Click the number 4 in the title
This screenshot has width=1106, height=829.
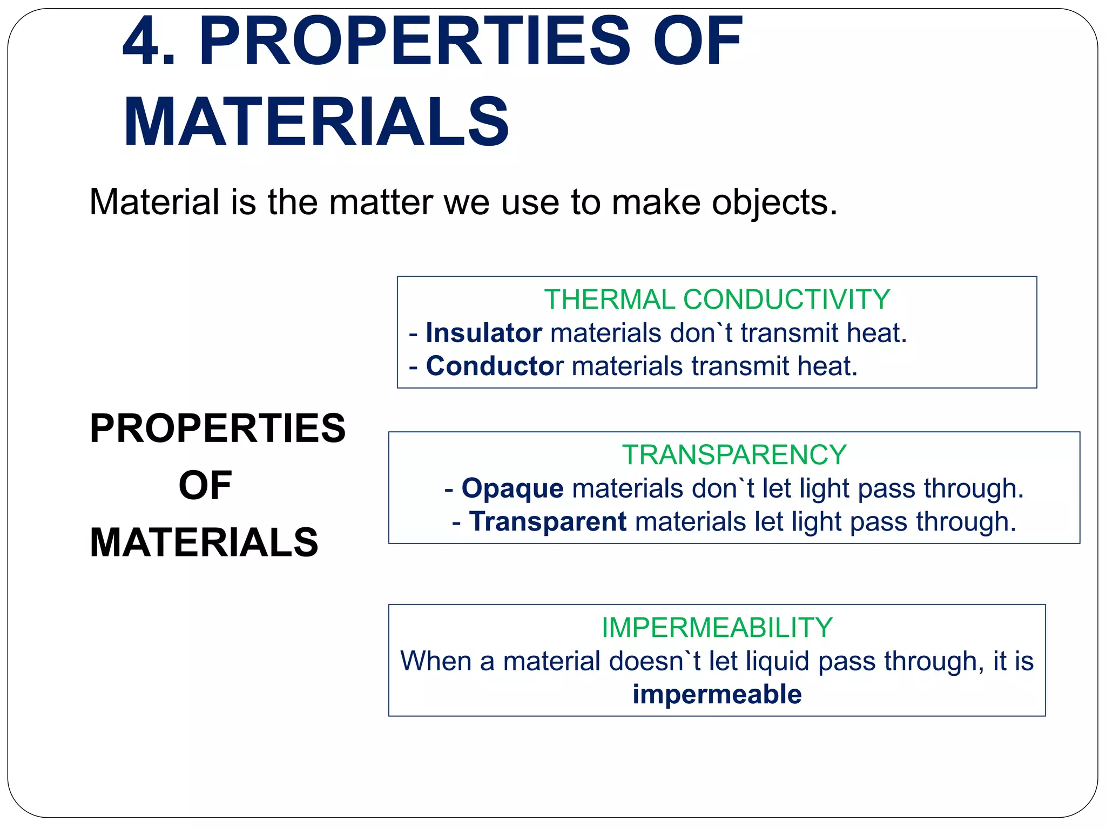point(143,42)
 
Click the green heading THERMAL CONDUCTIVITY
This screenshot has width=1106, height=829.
point(717,300)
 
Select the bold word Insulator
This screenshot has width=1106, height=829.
point(483,333)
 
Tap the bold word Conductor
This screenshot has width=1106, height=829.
point(494,366)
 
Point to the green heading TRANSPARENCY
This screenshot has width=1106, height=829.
point(734,455)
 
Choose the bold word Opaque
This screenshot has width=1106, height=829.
point(512,488)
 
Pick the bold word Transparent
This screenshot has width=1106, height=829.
point(548,522)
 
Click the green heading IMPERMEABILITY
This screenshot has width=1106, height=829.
point(717,628)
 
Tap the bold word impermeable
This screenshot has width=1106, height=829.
point(717,695)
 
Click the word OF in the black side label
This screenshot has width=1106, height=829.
point(205,486)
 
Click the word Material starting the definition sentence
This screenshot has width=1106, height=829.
point(154,203)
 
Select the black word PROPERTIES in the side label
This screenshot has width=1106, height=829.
point(218,429)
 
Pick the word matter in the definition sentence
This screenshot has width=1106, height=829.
point(381,203)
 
